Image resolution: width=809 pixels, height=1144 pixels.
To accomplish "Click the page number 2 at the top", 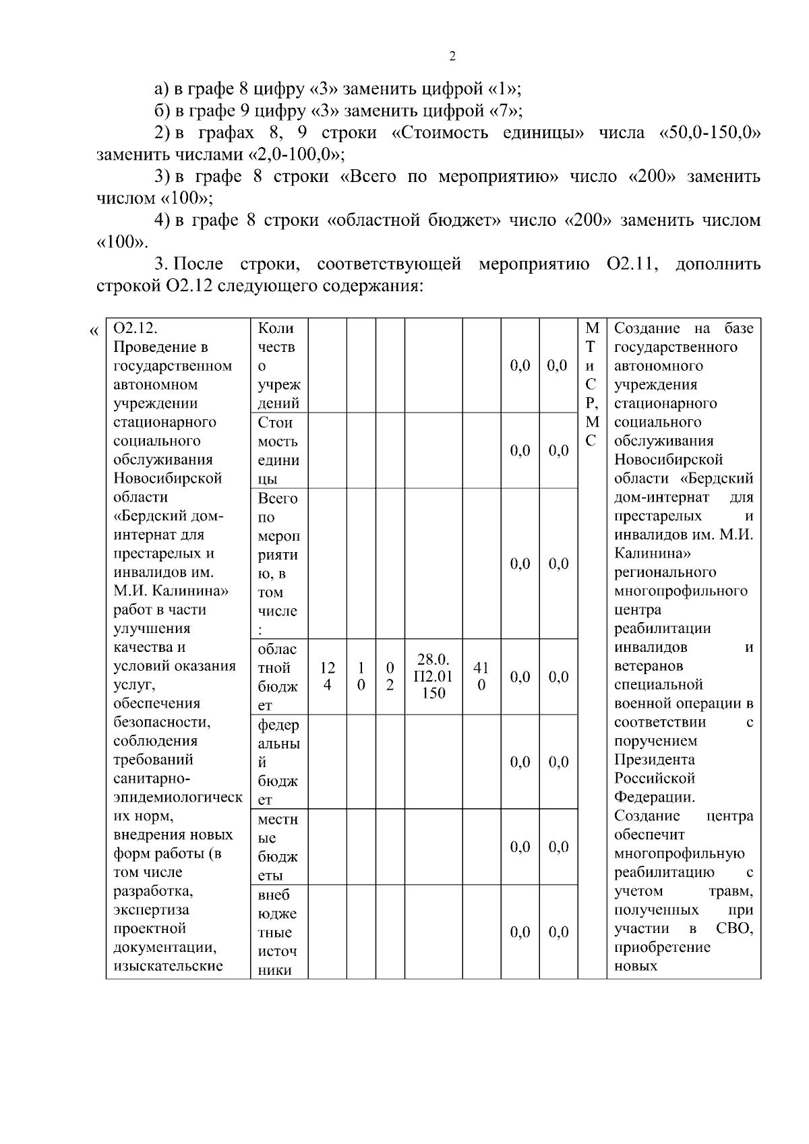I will pyautogui.click(x=452, y=57).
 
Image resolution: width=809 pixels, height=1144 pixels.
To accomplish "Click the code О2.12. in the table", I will pyautogui.click(x=136, y=328).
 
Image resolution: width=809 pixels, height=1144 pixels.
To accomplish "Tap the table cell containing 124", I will pyautogui.click(x=328, y=676).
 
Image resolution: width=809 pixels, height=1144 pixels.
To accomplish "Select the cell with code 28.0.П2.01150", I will pyautogui.click(x=433, y=676).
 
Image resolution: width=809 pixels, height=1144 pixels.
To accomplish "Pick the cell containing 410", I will pyautogui.click(x=481, y=676).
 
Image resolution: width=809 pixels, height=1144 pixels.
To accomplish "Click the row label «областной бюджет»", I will pyautogui.click(x=278, y=677).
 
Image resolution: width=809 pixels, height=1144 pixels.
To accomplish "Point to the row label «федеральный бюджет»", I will pyautogui.click(x=278, y=762).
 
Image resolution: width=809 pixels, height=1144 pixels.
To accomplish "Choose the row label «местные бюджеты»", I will pyautogui.click(x=278, y=847).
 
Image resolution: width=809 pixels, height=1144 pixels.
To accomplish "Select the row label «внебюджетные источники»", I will pyautogui.click(x=278, y=932).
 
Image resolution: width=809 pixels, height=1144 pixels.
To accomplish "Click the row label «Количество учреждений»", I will pyautogui.click(x=278, y=365).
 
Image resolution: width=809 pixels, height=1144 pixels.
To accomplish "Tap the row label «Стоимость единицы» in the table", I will pyautogui.click(x=278, y=450).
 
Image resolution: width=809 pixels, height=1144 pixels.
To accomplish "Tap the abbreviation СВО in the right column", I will pyautogui.click(x=735, y=928).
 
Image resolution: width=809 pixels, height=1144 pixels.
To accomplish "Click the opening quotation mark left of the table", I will pyautogui.click(x=93, y=331).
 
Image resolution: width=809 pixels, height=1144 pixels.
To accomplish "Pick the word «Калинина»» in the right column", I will pyautogui.click(x=653, y=553).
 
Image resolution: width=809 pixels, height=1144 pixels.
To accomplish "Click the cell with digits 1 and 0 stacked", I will pyautogui.click(x=361, y=676).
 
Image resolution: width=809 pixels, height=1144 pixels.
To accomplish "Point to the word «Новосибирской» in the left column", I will pyautogui.click(x=168, y=478).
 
